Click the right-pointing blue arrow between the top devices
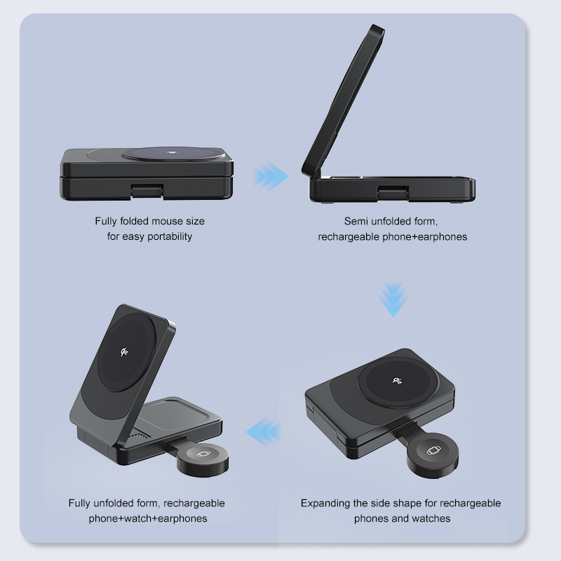coord(271,175)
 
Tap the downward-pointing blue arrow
coord(392,301)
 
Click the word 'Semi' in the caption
coord(357,221)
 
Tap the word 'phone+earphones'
coord(424,236)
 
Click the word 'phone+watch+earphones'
coord(148,518)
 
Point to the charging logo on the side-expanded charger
coord(398,381)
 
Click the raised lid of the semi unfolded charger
coord(344,98)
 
